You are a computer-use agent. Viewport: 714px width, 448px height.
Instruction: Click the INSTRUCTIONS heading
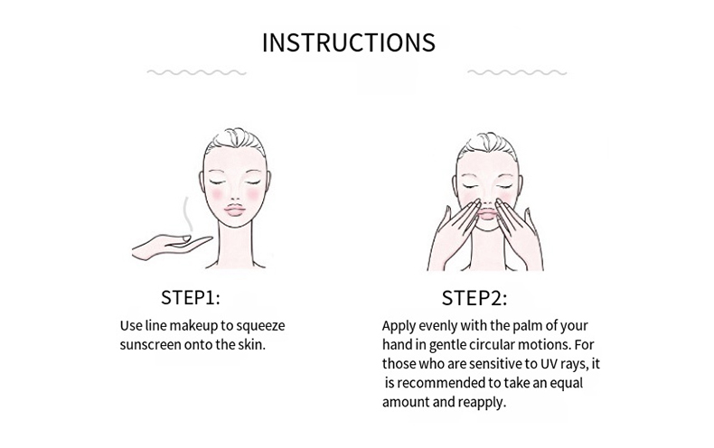pos(348,42)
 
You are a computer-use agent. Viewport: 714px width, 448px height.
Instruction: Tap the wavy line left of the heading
pos(196,72)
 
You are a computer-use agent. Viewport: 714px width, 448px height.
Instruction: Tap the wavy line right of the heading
pos(517,72)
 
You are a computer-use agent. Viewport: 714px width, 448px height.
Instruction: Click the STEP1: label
pos(191,298)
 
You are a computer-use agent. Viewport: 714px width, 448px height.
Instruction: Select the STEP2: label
pos(474,298)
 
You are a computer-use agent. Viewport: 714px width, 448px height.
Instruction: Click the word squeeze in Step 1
pos(260,326)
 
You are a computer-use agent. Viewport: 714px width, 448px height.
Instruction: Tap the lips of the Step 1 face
pos(234,210)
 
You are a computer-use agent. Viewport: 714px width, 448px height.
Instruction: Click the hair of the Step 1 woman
pos(234,141)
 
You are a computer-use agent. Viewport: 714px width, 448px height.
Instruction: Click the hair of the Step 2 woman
pos(487,145)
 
